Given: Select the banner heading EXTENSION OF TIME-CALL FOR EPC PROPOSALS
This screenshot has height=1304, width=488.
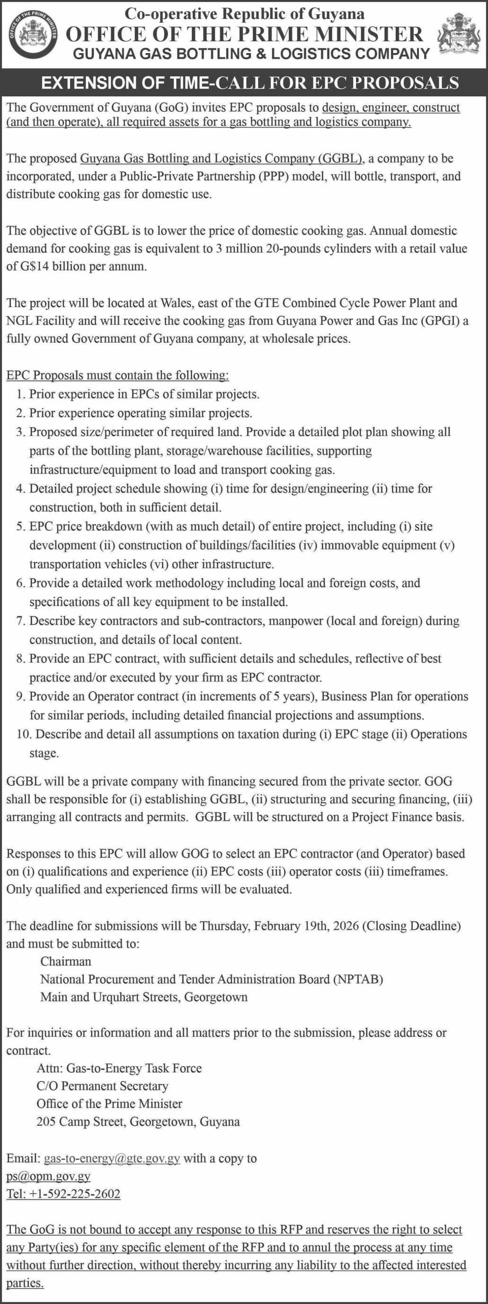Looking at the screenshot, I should (250, 82).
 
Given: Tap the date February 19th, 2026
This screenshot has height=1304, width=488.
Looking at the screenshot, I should (306, 926).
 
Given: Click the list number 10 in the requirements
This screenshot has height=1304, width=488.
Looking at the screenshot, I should (24, 734).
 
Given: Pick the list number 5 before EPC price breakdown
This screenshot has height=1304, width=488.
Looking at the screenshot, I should (20, 527).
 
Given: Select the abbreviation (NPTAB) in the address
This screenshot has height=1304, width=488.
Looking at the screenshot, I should (357, 979).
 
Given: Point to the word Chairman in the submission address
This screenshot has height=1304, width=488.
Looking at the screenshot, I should (66, 961).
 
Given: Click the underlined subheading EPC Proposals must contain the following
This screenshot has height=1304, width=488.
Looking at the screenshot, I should (117, 375).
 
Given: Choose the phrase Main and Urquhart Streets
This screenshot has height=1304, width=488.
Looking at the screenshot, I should (109, 997).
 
